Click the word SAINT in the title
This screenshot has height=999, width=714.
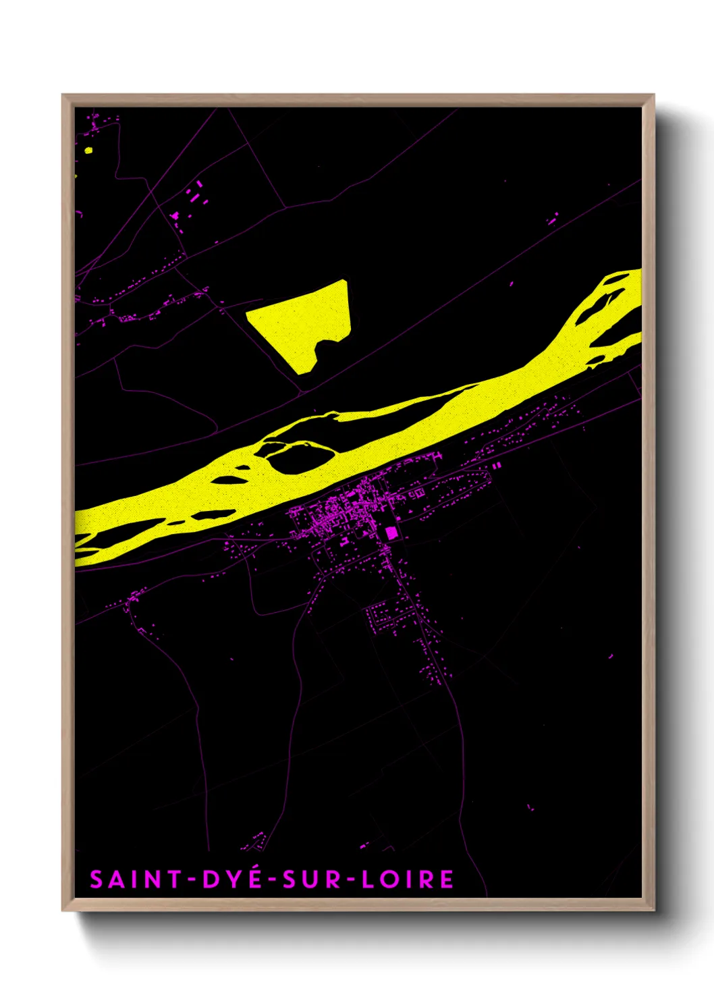coord(136,880)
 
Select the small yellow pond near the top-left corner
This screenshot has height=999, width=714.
coord(88,150)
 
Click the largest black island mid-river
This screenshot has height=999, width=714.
coord(301,458)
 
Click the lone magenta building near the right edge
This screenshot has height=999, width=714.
coord(611,655)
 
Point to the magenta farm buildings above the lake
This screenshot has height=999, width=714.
coord(196,196)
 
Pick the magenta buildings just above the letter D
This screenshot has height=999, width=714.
coord(256,841)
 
